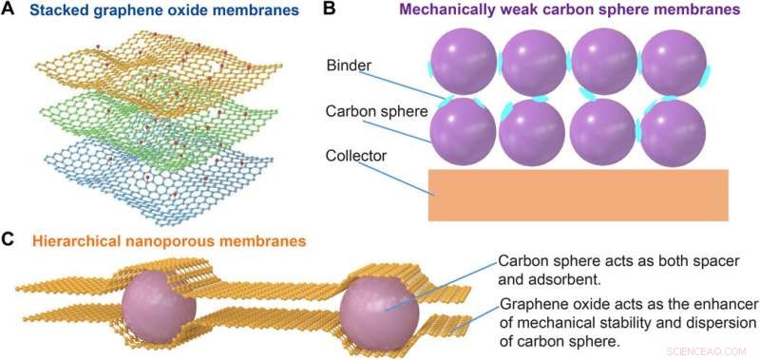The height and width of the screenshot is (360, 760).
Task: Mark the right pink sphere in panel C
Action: click(377, 313)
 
